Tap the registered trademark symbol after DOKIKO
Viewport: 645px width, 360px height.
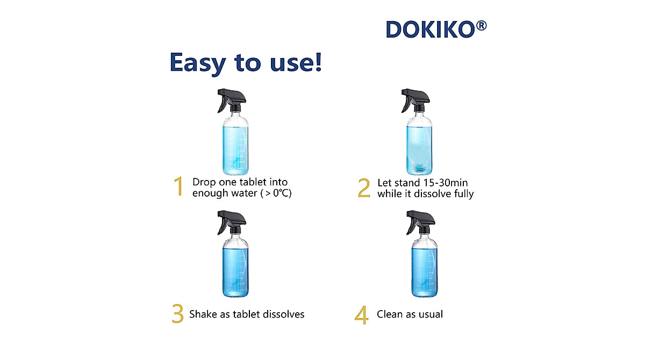(481, 26)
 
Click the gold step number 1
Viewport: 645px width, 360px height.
(178, 186)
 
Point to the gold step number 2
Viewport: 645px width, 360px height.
(364, 188)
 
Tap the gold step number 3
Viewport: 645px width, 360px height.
(178, 314)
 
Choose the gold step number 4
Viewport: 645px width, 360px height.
(362, 315)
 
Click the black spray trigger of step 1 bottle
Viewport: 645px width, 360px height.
(231, 99)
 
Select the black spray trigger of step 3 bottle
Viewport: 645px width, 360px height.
(231, 222)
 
